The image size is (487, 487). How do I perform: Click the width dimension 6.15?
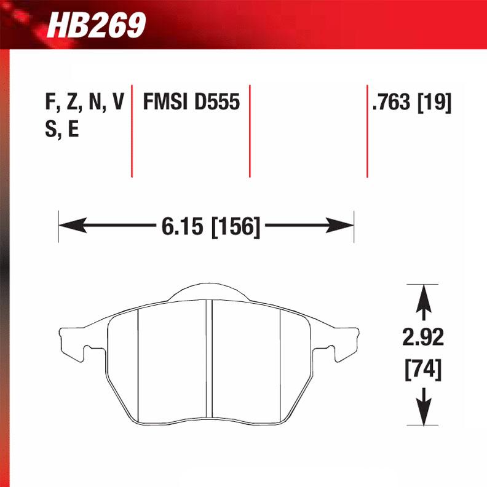[x=183, y=226]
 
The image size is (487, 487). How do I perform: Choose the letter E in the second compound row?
[x=73, y=130]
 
